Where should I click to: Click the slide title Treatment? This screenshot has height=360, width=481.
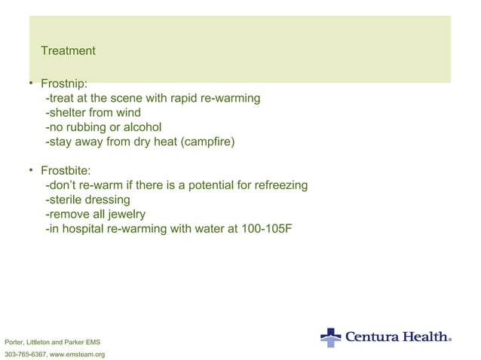point(68,51)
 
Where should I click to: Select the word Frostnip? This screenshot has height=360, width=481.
point(65,85)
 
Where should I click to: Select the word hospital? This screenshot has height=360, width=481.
point(80,228)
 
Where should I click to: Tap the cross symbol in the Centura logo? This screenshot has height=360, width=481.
point(330,337)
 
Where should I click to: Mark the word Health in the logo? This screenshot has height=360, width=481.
point(425,337)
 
